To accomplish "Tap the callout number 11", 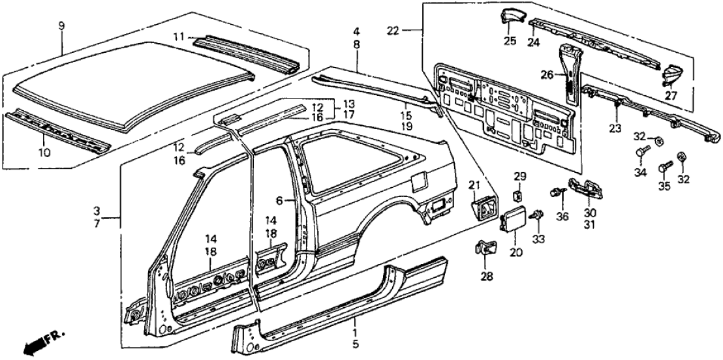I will [182, 37].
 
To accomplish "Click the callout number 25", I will [509, 41].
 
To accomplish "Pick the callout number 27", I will [671, 96].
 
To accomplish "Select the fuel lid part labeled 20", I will [515, 217].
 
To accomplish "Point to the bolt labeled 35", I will [662, 167].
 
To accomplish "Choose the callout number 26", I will [546, 75].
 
